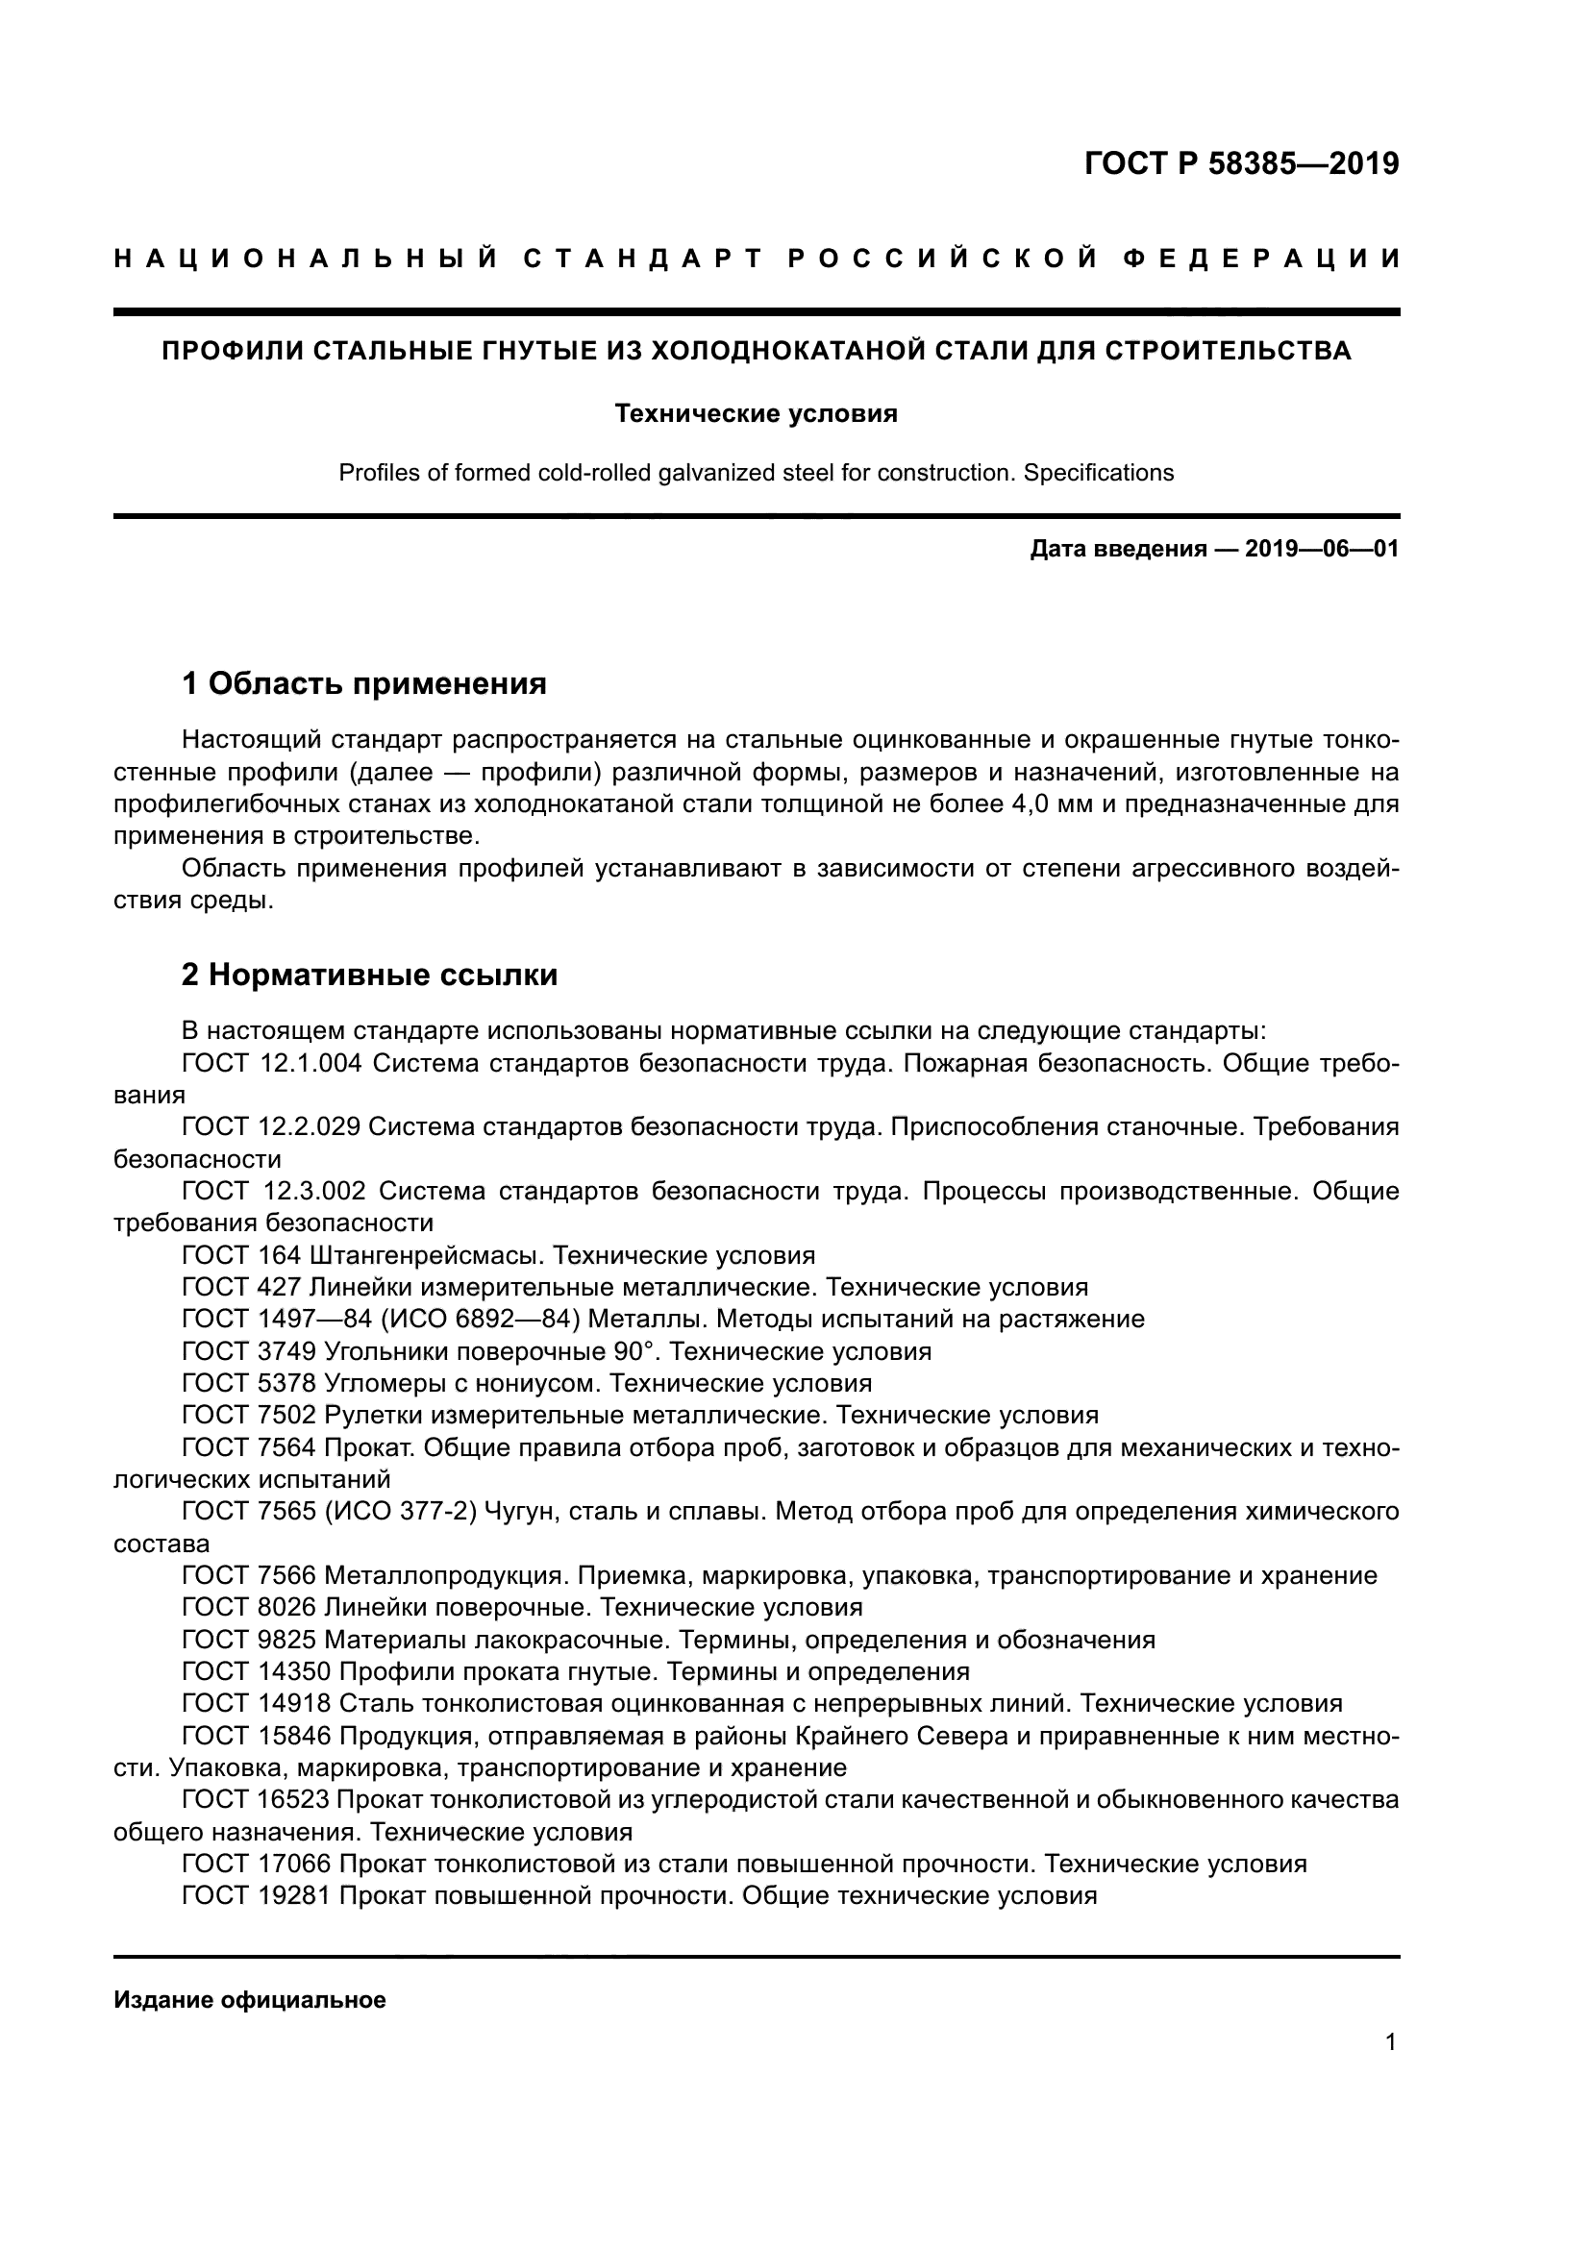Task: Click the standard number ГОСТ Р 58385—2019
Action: click(x=1241, y=163)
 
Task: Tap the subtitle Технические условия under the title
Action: click(x=756, y=414)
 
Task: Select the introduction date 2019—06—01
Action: click(x=1322, y=550)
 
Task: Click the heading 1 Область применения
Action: click(x=364, y=683)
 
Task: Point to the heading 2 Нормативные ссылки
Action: click(x=370, y=976)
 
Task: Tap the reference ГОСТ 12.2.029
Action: click(x=271, y=1128)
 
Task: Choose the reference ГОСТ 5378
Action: click(x=249, y=1383)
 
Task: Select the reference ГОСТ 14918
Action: click(x=257, y=1704)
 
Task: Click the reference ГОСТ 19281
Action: click(x=257, y=1895)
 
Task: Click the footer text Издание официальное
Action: click(x=250, y=2000)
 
